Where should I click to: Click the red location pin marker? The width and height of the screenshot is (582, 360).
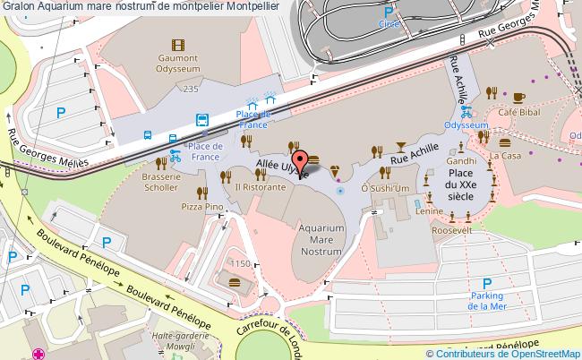[x=303, y=160]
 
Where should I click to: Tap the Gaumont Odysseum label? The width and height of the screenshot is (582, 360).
[x=177, y=67]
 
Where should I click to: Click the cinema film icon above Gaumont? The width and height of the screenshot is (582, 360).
[x=177, y=44]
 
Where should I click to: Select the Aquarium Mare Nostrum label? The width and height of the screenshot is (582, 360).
[x=321, y=240]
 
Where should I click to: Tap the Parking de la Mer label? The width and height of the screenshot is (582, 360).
[x=488, y=301]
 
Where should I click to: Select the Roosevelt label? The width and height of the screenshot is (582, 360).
[x=451, y=229]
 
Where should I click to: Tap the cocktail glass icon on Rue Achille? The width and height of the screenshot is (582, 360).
[x=399, y=144]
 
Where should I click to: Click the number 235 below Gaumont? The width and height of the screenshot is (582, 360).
[x=190, y=90]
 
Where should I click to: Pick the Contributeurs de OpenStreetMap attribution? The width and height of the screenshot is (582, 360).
[x=510, y=354]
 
